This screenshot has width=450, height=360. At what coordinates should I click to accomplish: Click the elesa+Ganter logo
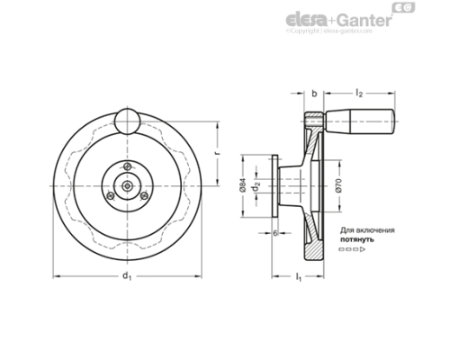(x=337, y=19)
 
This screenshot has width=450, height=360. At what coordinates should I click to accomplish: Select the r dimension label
(x=220, y=152)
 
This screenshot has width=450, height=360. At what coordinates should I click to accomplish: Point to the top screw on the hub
(x=129, y=165)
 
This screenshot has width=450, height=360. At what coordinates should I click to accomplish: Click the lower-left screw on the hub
(x=111, y=195)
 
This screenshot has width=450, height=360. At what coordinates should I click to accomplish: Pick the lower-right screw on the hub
(x=147, y=195)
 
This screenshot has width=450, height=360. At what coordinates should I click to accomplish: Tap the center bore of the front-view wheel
(x=129, y=185)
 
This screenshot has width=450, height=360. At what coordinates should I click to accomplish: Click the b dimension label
(x=312, y=93)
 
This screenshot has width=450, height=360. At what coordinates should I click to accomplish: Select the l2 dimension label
(x=359, y=93)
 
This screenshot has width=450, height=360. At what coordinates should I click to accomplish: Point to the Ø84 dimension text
(x=243, y=185)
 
